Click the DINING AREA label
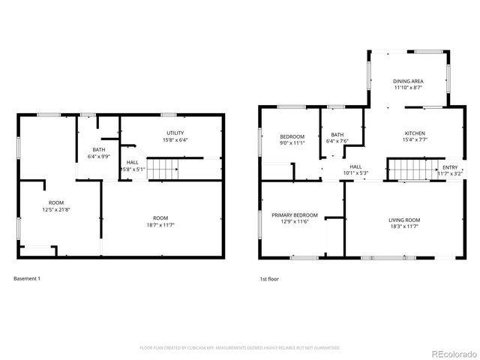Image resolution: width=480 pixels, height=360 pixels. click(x=409, y=80)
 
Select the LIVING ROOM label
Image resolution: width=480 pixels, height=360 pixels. click(x=404, y=220)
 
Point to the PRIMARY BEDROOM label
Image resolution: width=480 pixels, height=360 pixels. click(x=295, y=215)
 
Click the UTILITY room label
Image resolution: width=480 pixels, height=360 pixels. click(x=175, y=133)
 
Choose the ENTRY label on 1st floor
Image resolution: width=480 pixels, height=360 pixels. click(x=450, y=167)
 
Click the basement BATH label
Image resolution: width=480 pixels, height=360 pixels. click(x=99, y=150)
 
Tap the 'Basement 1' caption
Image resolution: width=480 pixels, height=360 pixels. click(x=27, y=279)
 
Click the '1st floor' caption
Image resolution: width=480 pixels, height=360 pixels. click(x=269, y=279)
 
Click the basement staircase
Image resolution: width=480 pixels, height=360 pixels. click(x=163, y=169)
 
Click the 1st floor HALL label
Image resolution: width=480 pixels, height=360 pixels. click(x=355, y=167)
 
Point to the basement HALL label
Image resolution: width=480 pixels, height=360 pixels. click(x=133, y=162)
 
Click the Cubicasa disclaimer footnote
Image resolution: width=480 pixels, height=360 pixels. click(x=240, y=348)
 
